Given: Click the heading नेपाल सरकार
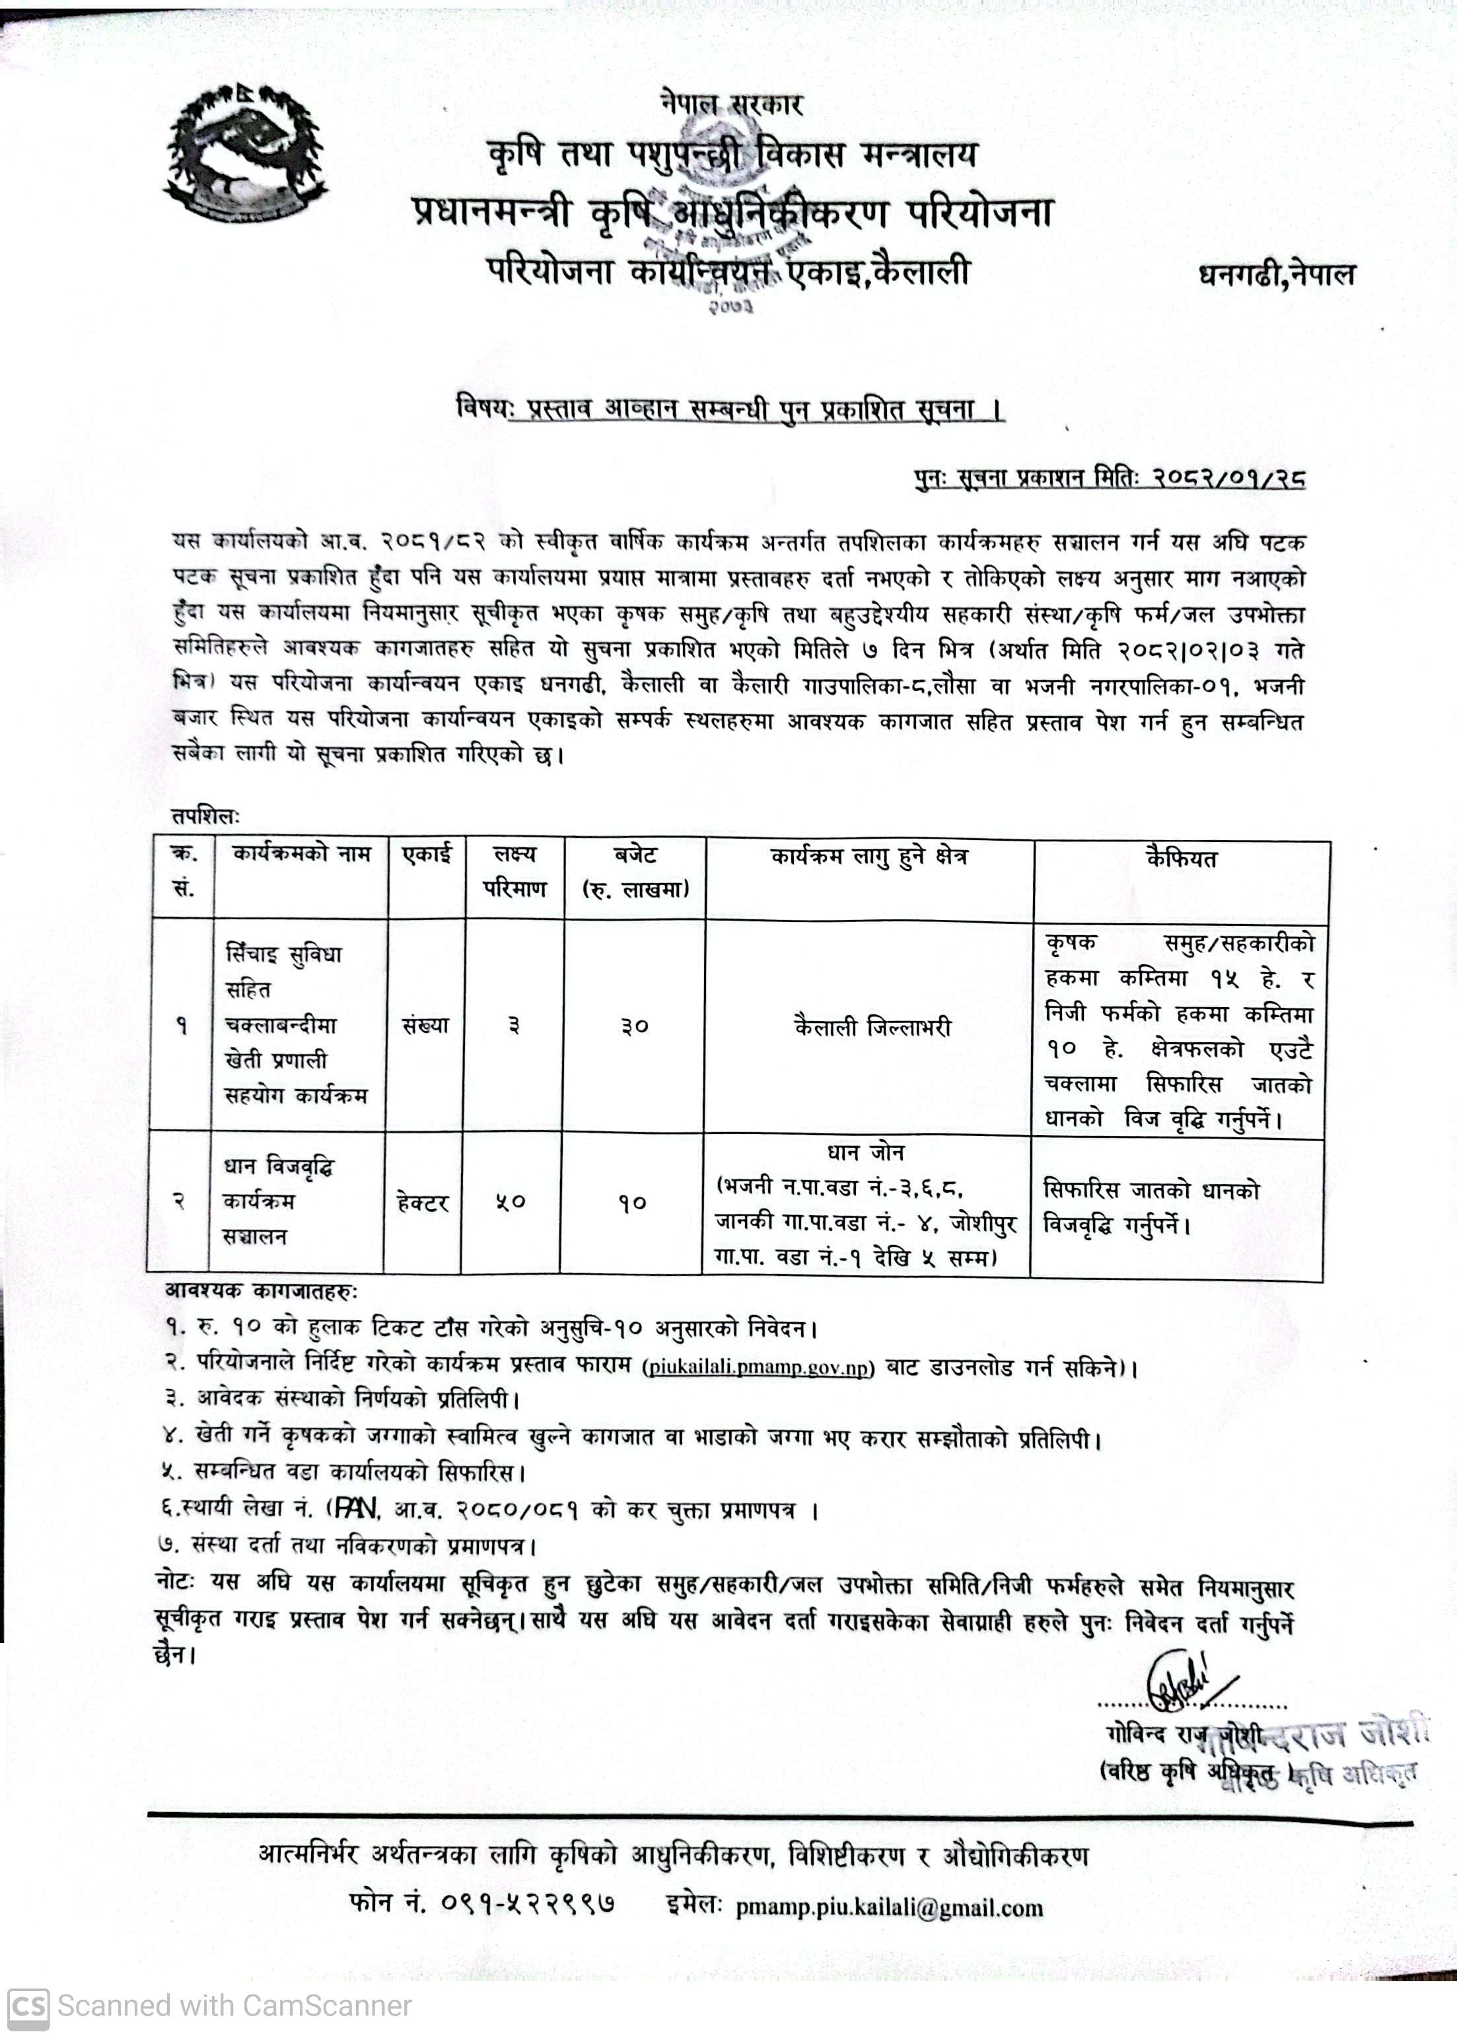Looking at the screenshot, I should (x=730, y=105).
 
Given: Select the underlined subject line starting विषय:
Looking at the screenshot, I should (x=729, y=410).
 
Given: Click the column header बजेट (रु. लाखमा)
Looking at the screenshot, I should (x=635, y=872).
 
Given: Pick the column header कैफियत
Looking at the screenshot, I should (x=1181, y=859).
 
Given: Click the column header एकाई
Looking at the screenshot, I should (x=426, y=854).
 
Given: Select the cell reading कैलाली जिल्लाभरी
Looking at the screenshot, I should (x=872, y=1027).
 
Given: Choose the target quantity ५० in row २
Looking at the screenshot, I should (x=511, y=1202).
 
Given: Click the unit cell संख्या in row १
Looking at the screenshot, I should (x=425, y=1026).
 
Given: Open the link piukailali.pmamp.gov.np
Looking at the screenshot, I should (x=759, y=1368).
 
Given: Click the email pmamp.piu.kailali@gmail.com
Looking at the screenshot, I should (x=889, y=1908).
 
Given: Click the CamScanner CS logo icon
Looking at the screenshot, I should (x=28, y=2006).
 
